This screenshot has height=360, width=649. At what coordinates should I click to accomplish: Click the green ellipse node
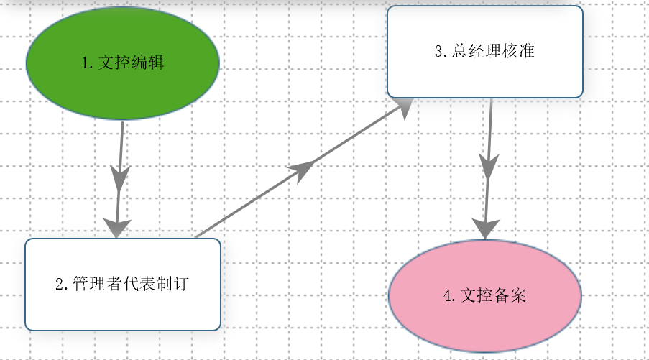click(x=122, y=63)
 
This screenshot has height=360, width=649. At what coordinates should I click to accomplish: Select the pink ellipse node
click(x=485, y=296)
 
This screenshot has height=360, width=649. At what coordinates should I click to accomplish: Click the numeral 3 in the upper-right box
click(x=439, y=51)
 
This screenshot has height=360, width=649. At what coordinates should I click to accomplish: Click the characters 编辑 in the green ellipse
click(x=148, y=63)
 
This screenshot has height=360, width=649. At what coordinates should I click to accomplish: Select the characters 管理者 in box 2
click(x=97, y=284)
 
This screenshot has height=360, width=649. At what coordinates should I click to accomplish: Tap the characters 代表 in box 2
click(x=139, y=284)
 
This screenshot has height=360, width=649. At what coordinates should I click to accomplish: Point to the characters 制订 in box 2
click(x=172, y=284)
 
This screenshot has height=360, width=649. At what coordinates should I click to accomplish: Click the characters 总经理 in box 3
click(x=477, y=51)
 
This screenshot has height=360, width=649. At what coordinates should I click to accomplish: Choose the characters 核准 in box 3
click(x=518, y=51)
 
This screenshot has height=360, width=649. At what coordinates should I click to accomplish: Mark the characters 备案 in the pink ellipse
click(x=510, y=295)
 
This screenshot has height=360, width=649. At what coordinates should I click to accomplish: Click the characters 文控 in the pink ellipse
click(x=477, y=295)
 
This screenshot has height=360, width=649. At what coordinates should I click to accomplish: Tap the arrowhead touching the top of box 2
click(x=117, y=229)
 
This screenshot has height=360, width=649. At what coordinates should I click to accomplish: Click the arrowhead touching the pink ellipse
click(x=486, y=229)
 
